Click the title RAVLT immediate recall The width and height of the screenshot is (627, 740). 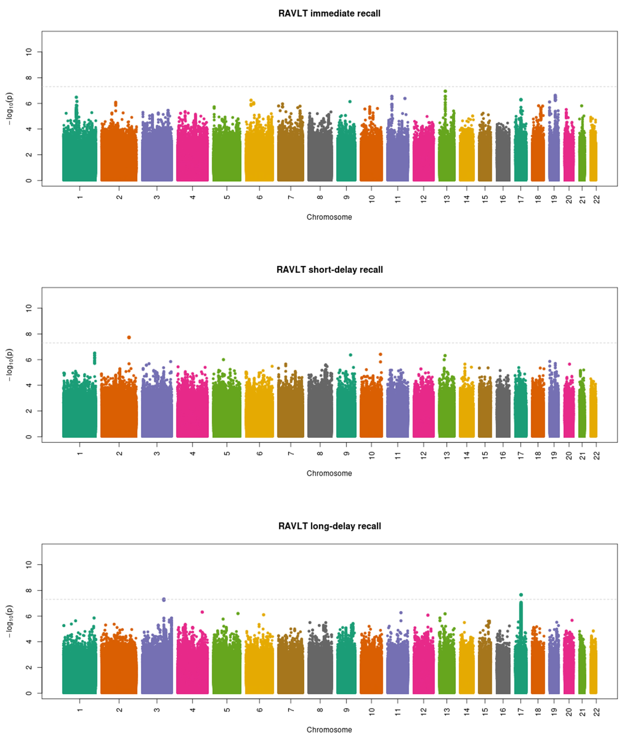click(329, 13)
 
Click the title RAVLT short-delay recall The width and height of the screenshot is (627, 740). click(329, 270)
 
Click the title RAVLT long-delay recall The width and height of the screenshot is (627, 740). click(329, 526)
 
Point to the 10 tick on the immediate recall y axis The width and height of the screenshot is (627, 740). click(29, 52)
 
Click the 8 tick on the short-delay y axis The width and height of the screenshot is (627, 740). click(29, 334)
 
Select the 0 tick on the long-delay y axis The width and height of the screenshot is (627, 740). click(29, 693)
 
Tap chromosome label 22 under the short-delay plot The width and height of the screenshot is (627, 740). click(597, 455)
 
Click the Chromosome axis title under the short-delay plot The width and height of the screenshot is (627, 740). click(329, 473)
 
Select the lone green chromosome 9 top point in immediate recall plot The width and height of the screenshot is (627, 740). click(350, 102)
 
